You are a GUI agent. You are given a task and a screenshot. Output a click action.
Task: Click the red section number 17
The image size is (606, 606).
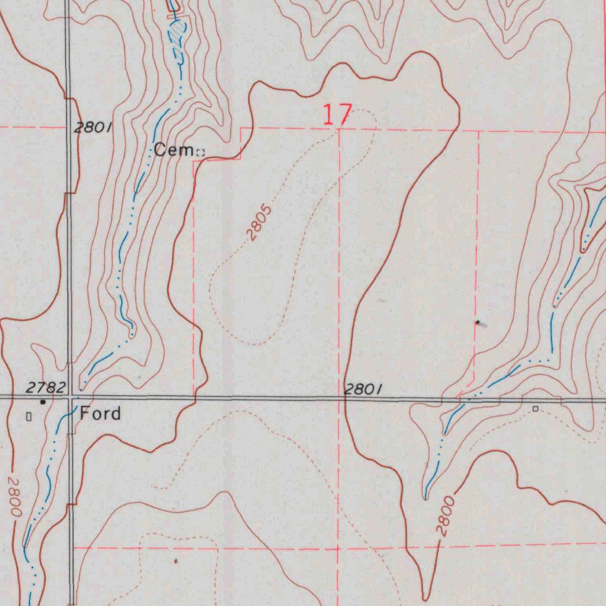pos(337,114)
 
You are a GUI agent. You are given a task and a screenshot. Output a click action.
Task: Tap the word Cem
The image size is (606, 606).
pos(173,150)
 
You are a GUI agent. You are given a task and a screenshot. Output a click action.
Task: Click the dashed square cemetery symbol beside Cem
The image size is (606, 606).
pos(200,153)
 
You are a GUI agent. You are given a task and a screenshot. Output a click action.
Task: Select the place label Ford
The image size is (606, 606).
pos(101,413)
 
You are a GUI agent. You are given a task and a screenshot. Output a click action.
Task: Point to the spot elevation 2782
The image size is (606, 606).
pos(46,388)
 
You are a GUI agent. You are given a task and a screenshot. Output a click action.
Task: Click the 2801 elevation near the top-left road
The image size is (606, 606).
pos(92,127)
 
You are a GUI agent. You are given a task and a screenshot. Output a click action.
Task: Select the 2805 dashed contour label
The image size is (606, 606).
pos(260,223)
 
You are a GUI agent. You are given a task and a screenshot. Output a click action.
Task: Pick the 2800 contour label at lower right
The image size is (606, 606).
pos(446,517)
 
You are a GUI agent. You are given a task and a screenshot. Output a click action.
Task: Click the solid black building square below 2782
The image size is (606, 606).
pos(42,402)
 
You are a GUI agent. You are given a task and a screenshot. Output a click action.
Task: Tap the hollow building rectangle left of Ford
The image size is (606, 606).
pos(28,417)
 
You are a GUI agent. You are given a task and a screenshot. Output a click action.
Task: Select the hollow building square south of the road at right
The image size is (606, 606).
pos(535,409)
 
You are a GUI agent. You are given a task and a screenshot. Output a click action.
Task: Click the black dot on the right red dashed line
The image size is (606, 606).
pos(478,323)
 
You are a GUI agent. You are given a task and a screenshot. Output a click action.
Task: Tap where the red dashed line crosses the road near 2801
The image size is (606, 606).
pos(340,398)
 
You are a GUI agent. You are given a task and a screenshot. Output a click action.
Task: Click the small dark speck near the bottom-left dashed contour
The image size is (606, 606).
pos(176,559)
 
